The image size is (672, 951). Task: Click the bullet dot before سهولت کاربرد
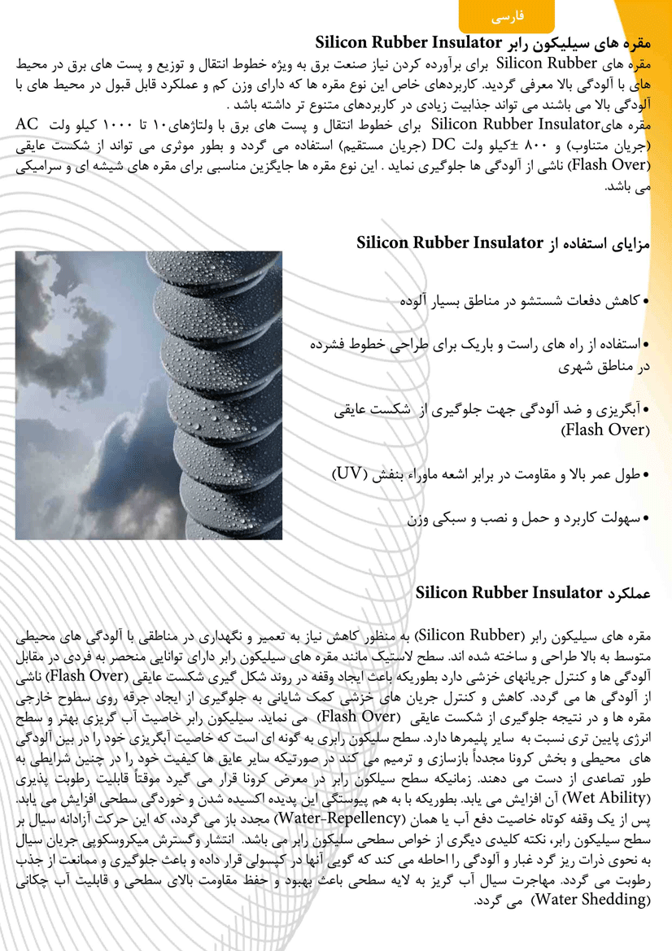(647, 517)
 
